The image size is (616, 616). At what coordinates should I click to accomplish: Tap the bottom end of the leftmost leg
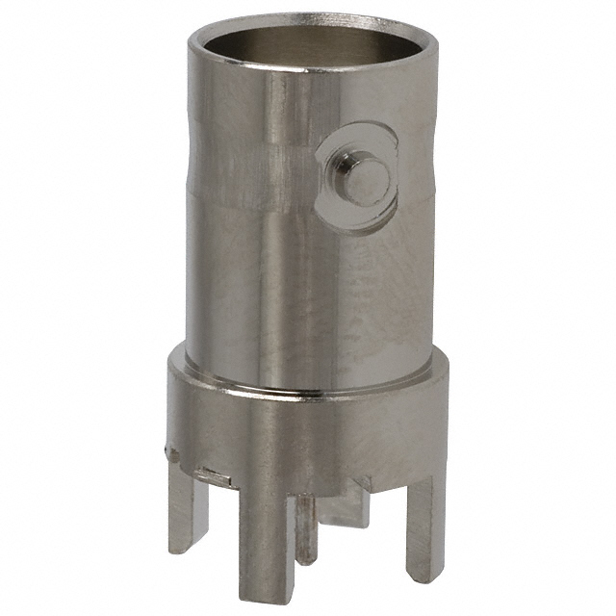(x=182, y=543)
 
